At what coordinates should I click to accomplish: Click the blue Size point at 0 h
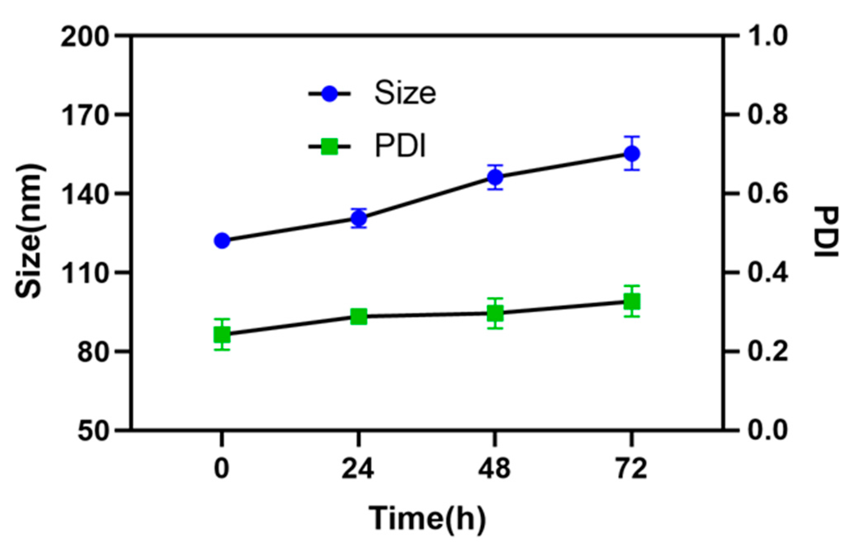(x=222, y=240)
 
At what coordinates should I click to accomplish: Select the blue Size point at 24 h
(x=359, y=218)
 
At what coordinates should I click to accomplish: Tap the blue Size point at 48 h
(x=495, y=177)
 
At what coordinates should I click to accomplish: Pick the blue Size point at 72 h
(x=632, y=153)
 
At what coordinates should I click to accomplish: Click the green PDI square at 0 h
(x=222, y=334)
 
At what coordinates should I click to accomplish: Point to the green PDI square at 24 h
(x=359, y=317)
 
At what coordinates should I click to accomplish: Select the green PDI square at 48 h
(x=495, y=313)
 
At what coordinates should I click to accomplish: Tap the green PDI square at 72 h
(x=632, y=301)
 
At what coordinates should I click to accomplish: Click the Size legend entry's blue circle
(x=329, y=93)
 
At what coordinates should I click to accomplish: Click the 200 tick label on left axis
(x=86, y=36)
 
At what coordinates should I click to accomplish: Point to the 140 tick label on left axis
(x=86, y=193)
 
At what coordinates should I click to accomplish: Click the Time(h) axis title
(x=427, y=518)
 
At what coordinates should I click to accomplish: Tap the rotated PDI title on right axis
(x=826, y=232)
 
